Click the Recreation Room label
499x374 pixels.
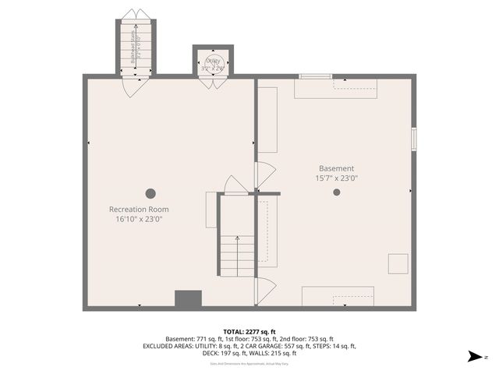pos(139,210)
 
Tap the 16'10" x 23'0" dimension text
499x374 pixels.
pos(139,219)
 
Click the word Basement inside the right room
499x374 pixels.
pos(336,168)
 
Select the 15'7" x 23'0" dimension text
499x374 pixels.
pos(336,178)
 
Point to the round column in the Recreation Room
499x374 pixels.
pos(150,193)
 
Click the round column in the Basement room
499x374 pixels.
pos(336,192)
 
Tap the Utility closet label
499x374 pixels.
pos(214,62)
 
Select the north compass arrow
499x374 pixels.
pos(472,356)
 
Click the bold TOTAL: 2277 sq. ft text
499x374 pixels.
pos(249,330)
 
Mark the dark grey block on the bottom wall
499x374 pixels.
pos(188,299)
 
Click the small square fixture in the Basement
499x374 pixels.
pos(398,263)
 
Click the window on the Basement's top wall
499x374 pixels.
pos(315,76)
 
